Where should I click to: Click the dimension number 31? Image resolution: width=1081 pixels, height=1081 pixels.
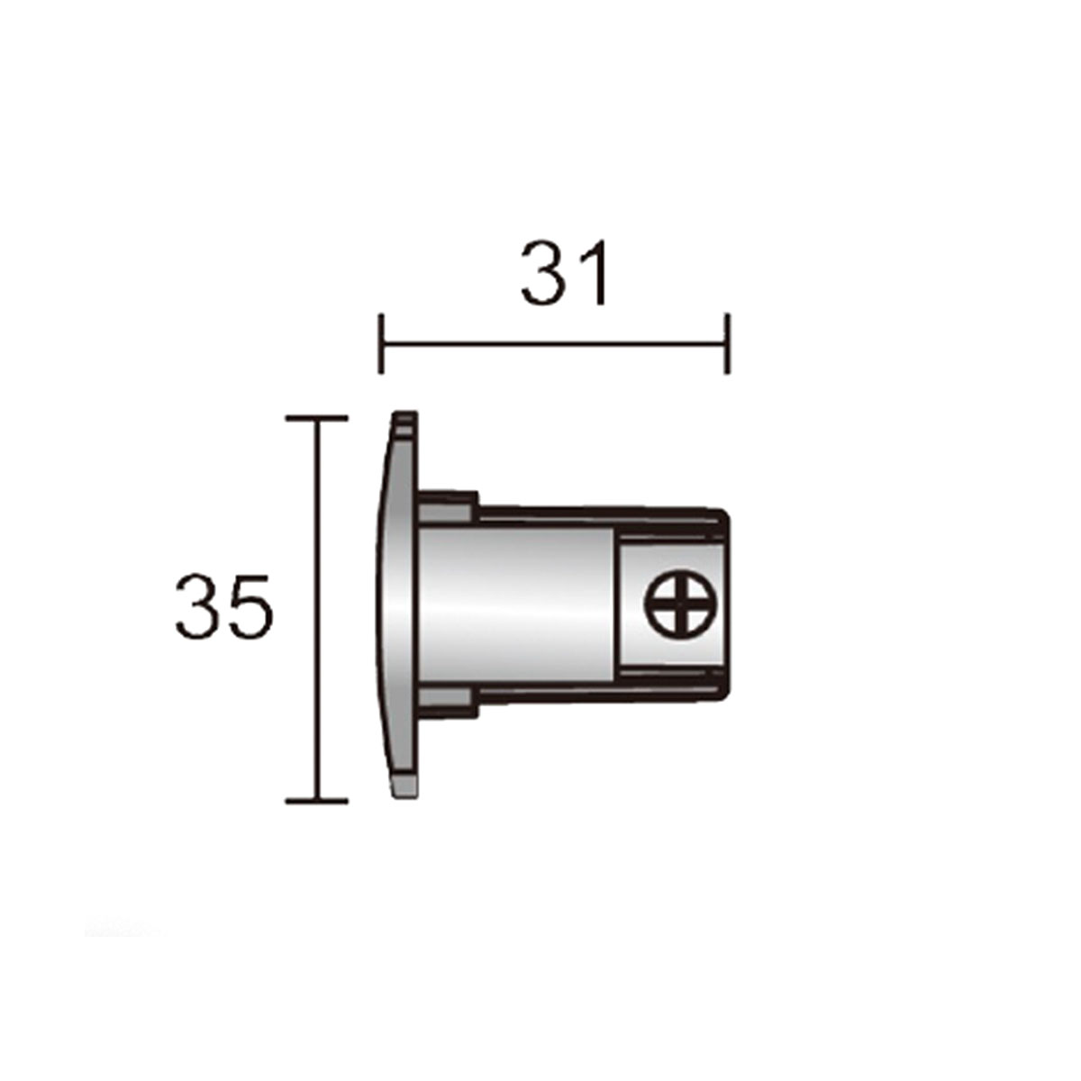pos(565,271)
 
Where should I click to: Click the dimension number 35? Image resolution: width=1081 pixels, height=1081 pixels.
pos(223,606)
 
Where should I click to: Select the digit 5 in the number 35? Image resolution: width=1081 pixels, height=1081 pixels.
pos(247,606)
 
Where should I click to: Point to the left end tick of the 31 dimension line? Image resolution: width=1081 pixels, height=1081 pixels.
pos(382,343)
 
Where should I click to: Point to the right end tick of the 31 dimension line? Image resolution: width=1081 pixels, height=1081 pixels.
pos(727,343)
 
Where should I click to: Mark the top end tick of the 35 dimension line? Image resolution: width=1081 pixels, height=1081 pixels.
pos(315,418)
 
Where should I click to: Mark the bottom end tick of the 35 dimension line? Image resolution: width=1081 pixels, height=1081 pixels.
pos(315,800)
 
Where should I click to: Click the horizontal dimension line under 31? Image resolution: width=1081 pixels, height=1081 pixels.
pos(554,343)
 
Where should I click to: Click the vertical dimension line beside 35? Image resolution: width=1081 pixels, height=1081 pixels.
pos(315,609)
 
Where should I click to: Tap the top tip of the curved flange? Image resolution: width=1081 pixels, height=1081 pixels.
pos(404,417)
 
